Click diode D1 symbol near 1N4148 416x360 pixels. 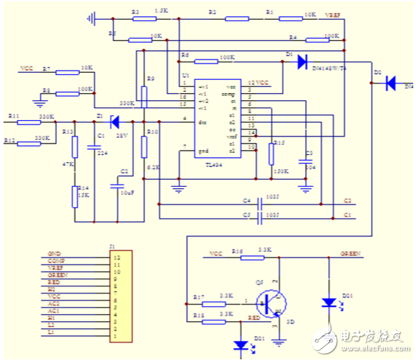tap(302, 60)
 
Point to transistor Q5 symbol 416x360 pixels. tap(270, 302)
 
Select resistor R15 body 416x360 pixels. tap(271, 154)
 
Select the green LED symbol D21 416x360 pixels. tap(328, 302)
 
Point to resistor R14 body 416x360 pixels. tap(75, 196)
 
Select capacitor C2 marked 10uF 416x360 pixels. tap(117, 186)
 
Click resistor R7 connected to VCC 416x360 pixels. tap(67, 71)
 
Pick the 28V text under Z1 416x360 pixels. tap(120, 134)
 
